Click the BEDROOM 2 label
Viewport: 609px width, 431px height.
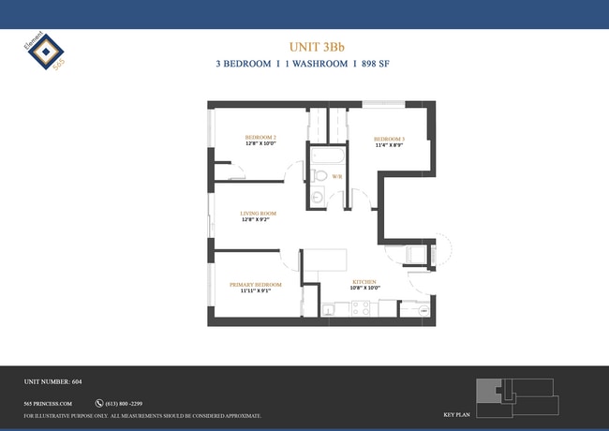pos(260,137)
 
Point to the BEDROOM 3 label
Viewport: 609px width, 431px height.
pos(389,137)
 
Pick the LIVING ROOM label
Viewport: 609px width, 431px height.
pos(258,213)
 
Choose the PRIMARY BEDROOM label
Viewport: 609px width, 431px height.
pos(256,284)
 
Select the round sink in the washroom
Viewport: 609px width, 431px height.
pos(317,196)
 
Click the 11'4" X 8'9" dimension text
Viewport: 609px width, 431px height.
pos(389,144)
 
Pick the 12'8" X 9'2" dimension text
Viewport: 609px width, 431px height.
pos(258,220)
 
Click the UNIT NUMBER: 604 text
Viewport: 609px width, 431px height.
pos(53,382)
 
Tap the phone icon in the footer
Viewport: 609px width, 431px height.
pos(98,403)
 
